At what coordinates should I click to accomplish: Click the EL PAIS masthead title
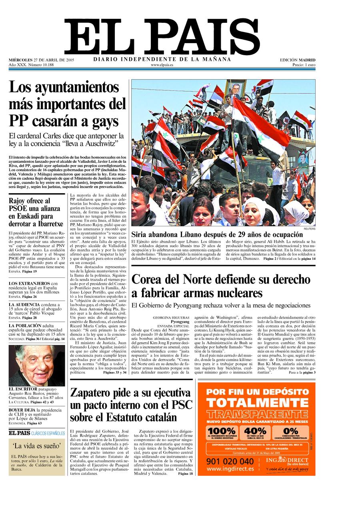pos(162,37)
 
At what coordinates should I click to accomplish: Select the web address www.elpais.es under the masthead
pos(162,65)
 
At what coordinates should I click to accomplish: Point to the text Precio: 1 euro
pos(304,65)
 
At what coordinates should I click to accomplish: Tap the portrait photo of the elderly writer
pos(36,365)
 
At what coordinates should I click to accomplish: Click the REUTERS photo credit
pos(309,229)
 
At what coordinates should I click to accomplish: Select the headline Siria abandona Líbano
pos(217,234)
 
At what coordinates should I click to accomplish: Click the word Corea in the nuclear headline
pos(150,279)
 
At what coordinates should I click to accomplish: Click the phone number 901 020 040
pos(230,461)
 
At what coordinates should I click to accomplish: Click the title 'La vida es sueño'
pos(37,446)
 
